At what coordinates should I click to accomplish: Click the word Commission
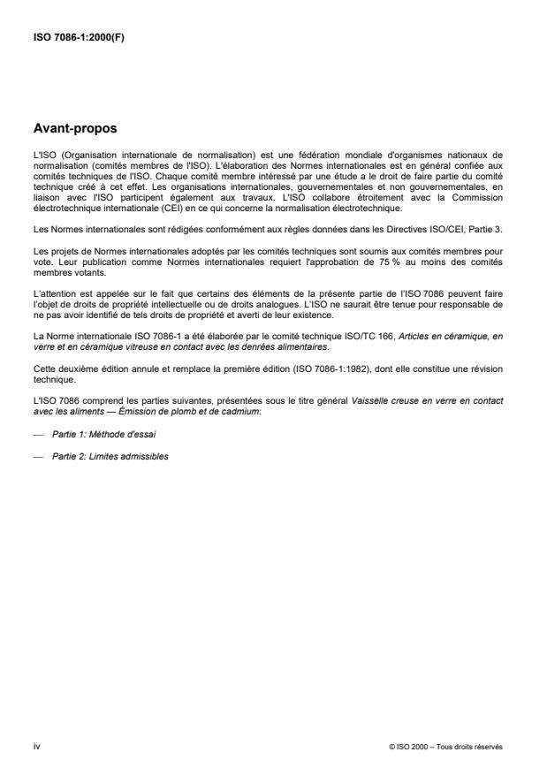coord(483,198)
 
